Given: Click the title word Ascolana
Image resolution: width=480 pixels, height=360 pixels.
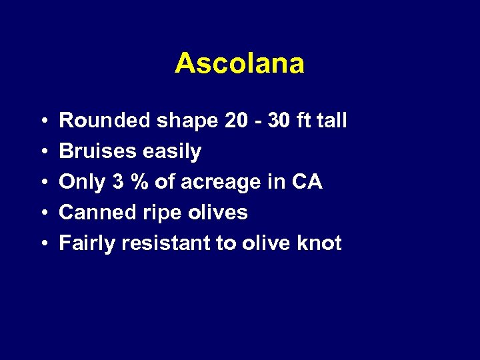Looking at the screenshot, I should tap(239, 63).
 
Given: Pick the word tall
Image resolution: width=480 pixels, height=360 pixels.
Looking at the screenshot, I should tap(331, 121).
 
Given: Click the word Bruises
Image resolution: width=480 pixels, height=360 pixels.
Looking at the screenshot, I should tap(97, 151).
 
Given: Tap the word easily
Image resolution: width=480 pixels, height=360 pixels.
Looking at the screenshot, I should tap(170, 152).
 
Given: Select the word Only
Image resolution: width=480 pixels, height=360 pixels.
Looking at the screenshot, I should tap(81, 183).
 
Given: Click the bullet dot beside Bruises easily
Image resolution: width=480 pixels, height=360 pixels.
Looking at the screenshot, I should tap(42, 152).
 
